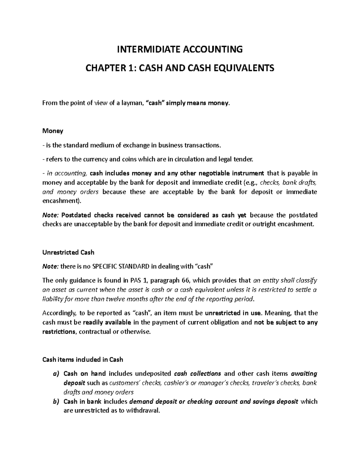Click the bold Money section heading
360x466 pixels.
coord(53,131)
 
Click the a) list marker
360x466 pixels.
coord(57,374)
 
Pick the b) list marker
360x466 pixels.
coord(57,401)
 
